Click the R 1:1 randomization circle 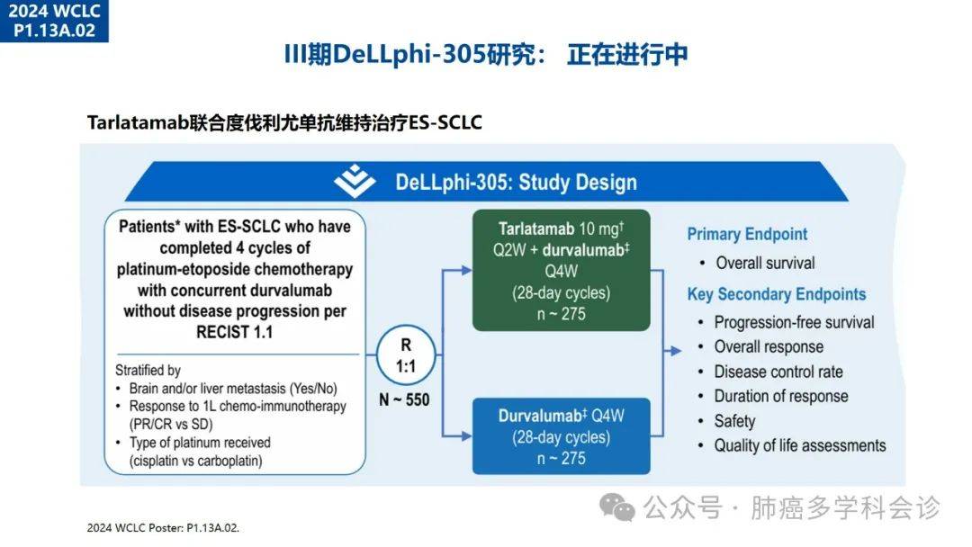click(x=406, y=355)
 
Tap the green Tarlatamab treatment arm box click(x=561, y=270)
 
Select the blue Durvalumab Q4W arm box click(x=561, y=436)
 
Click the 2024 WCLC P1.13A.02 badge click(x=54, y=21)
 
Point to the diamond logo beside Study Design click(x=355, y=181)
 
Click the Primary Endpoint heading click(x=747, y=234)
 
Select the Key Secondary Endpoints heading click(x=776, y=294)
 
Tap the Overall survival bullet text click(x=765, y=264)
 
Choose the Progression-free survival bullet click(x=794, y=322)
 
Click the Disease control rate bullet click(x=778, y=372)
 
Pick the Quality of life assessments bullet click(x=800, y=445)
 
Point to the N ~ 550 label click(x=404, y=400)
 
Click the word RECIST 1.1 click(x=234, y=333)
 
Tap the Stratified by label click(x=148, y=371)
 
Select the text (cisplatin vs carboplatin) click(x=196, y=461)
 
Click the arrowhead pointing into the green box click(x=466, y=270)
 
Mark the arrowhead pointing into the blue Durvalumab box click(x=466, y=436)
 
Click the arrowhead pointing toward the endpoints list click(x=676, y=351)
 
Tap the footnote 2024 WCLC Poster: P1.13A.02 click(x=163, y=528)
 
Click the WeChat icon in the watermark click(x=616, y=507)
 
